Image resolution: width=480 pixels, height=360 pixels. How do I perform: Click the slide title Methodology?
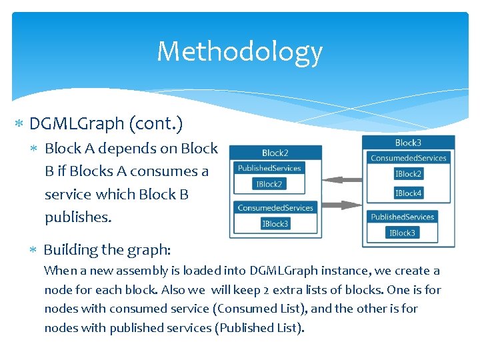click(x=239, y=51)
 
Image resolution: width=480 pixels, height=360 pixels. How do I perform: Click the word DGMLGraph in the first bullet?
click(x=77, y=123)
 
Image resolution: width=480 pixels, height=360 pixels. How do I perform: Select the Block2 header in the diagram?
click(x=275, y=153)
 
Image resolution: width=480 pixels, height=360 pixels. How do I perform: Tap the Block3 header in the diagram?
click(x=408, y=143)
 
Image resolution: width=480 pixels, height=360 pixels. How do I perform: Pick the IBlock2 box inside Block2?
click(x=269, y=183)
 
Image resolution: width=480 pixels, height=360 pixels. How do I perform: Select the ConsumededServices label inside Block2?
click(x=275, y=208)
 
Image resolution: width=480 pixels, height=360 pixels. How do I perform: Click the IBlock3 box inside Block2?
click(x=275, y=223)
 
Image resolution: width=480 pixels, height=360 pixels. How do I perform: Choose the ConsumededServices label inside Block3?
click(x=408, y=158)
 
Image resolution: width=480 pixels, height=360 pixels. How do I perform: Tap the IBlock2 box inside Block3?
click(x=408, y=173)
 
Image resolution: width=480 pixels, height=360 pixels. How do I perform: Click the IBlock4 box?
click(x=408, y=193)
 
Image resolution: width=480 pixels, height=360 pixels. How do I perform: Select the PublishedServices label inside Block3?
click(x=402, y=217)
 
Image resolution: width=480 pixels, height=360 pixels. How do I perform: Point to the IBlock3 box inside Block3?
click(x=402, y=233)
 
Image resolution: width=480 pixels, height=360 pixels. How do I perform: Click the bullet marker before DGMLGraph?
click(x=19, y=124)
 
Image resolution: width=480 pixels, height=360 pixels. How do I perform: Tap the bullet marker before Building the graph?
click(x=34, y=250)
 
